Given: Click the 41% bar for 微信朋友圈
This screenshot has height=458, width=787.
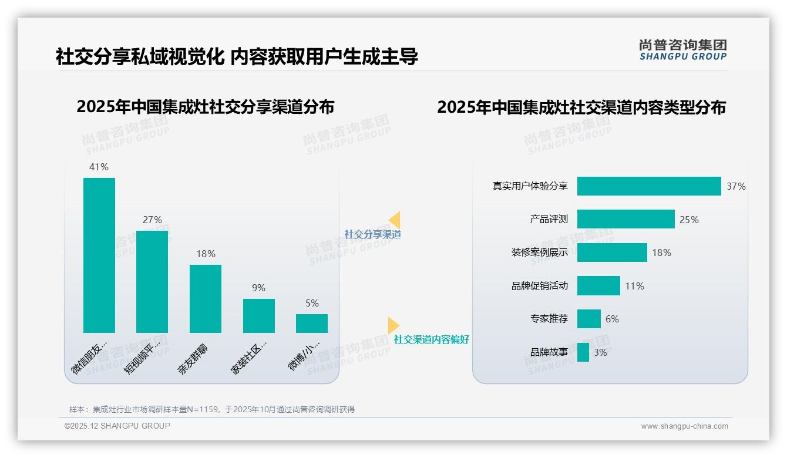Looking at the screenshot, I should pos(99,255).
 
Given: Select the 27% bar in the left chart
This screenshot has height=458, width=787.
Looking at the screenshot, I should pos(152,282).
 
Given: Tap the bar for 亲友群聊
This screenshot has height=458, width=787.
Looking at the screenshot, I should pos(206,299).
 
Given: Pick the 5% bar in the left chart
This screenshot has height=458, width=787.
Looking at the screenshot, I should pos(312,324).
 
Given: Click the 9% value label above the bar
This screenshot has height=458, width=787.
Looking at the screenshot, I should pos(258,288).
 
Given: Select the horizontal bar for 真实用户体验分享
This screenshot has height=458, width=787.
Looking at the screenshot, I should pos(649,186).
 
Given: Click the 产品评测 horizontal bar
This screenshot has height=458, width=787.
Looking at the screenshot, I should pos(625,219).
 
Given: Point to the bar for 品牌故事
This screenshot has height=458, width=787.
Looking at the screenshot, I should pos(583,352).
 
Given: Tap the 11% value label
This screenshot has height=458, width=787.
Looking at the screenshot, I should pos(634,286).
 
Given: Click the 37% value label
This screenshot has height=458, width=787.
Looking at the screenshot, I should pos(736,186).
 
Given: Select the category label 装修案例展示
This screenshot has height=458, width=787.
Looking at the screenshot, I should pos(540,252).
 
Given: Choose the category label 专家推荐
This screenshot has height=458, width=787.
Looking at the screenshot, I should pos(549,319).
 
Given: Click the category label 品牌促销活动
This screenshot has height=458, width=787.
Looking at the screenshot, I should pos(540,286).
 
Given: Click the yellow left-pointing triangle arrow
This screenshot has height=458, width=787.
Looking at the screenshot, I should pos(395,220).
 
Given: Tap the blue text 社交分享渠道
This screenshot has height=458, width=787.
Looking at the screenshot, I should pos(373,234).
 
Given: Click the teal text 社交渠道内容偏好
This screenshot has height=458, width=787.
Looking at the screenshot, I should pos(432,339).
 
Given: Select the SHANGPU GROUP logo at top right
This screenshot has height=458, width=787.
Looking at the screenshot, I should pos(683,50).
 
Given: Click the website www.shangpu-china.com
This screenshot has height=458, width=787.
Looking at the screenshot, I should pos(684,426).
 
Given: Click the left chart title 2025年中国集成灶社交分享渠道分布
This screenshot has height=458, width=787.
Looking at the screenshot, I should pos(206,107).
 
